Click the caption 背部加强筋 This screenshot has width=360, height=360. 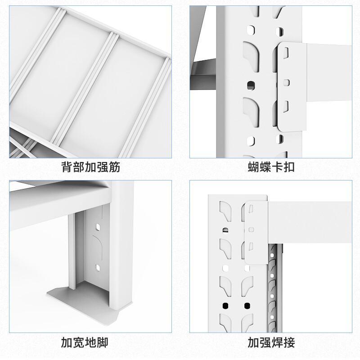pos(91,167)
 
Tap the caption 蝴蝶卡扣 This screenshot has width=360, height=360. pos(271,167)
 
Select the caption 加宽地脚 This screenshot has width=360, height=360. pos(85,342)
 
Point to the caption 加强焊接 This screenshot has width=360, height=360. pos(271,342)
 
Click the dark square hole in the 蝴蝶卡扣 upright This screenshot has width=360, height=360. pos(251,85)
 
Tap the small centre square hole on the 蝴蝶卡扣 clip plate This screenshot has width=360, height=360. pos(286,83)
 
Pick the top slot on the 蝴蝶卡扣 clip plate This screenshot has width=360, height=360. pos(286,53)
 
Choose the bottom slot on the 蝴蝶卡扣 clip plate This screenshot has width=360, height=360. pos(286,107)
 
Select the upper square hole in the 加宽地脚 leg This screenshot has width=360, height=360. pos(98,227)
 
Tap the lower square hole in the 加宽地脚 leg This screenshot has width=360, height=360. pos(98,267)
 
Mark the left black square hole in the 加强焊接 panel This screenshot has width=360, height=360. pos(225,306)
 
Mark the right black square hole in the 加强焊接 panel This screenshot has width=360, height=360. pos(247,306)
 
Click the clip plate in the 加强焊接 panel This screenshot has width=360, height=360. pos(256,232)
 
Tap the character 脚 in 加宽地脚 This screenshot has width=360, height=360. pos(103,342)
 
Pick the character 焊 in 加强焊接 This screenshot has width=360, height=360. pos(277,342)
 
